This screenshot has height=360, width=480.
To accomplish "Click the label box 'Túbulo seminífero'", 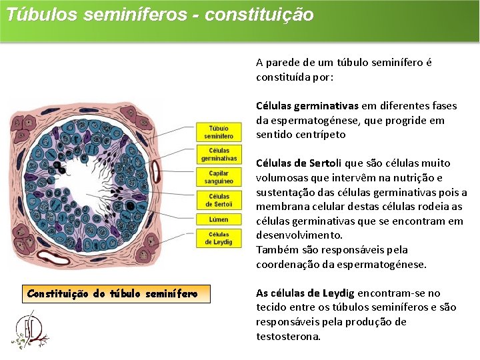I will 218,132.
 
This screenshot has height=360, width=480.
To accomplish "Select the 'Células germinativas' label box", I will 219,155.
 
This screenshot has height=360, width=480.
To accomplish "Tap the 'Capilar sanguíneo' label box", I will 218,177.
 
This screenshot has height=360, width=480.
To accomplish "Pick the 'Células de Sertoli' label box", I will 219,200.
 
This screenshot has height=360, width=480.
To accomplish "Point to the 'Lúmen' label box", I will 218,219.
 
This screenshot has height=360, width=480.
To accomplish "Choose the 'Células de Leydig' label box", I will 219,238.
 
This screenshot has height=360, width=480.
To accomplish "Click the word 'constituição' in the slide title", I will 259,15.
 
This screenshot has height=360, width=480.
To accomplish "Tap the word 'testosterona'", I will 288,336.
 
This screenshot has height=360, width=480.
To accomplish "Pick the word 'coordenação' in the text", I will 287,264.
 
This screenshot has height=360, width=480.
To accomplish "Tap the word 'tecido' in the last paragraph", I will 271,307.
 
